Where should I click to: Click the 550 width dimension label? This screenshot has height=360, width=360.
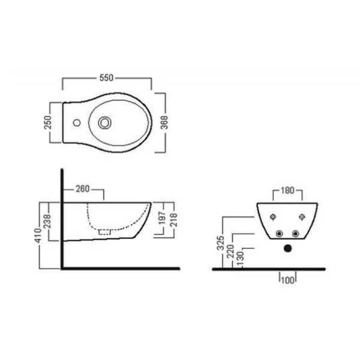[x=106, y=78]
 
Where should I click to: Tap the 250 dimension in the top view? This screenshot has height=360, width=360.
[x=48, y=122]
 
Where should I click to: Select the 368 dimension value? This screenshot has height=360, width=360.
[x=164, y=122]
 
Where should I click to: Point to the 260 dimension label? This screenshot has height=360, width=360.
[x=83, y=189]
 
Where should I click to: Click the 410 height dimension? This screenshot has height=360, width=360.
[x=38, y=235]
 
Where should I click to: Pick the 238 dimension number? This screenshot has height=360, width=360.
[x=47, y=221]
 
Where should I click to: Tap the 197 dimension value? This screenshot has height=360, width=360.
[x=163, y=218]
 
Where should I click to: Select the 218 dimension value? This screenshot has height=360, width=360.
[x=173, y=220]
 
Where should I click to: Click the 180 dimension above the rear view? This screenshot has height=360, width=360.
[x=287, y=190]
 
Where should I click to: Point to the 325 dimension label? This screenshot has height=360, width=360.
[x=220, y=242]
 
